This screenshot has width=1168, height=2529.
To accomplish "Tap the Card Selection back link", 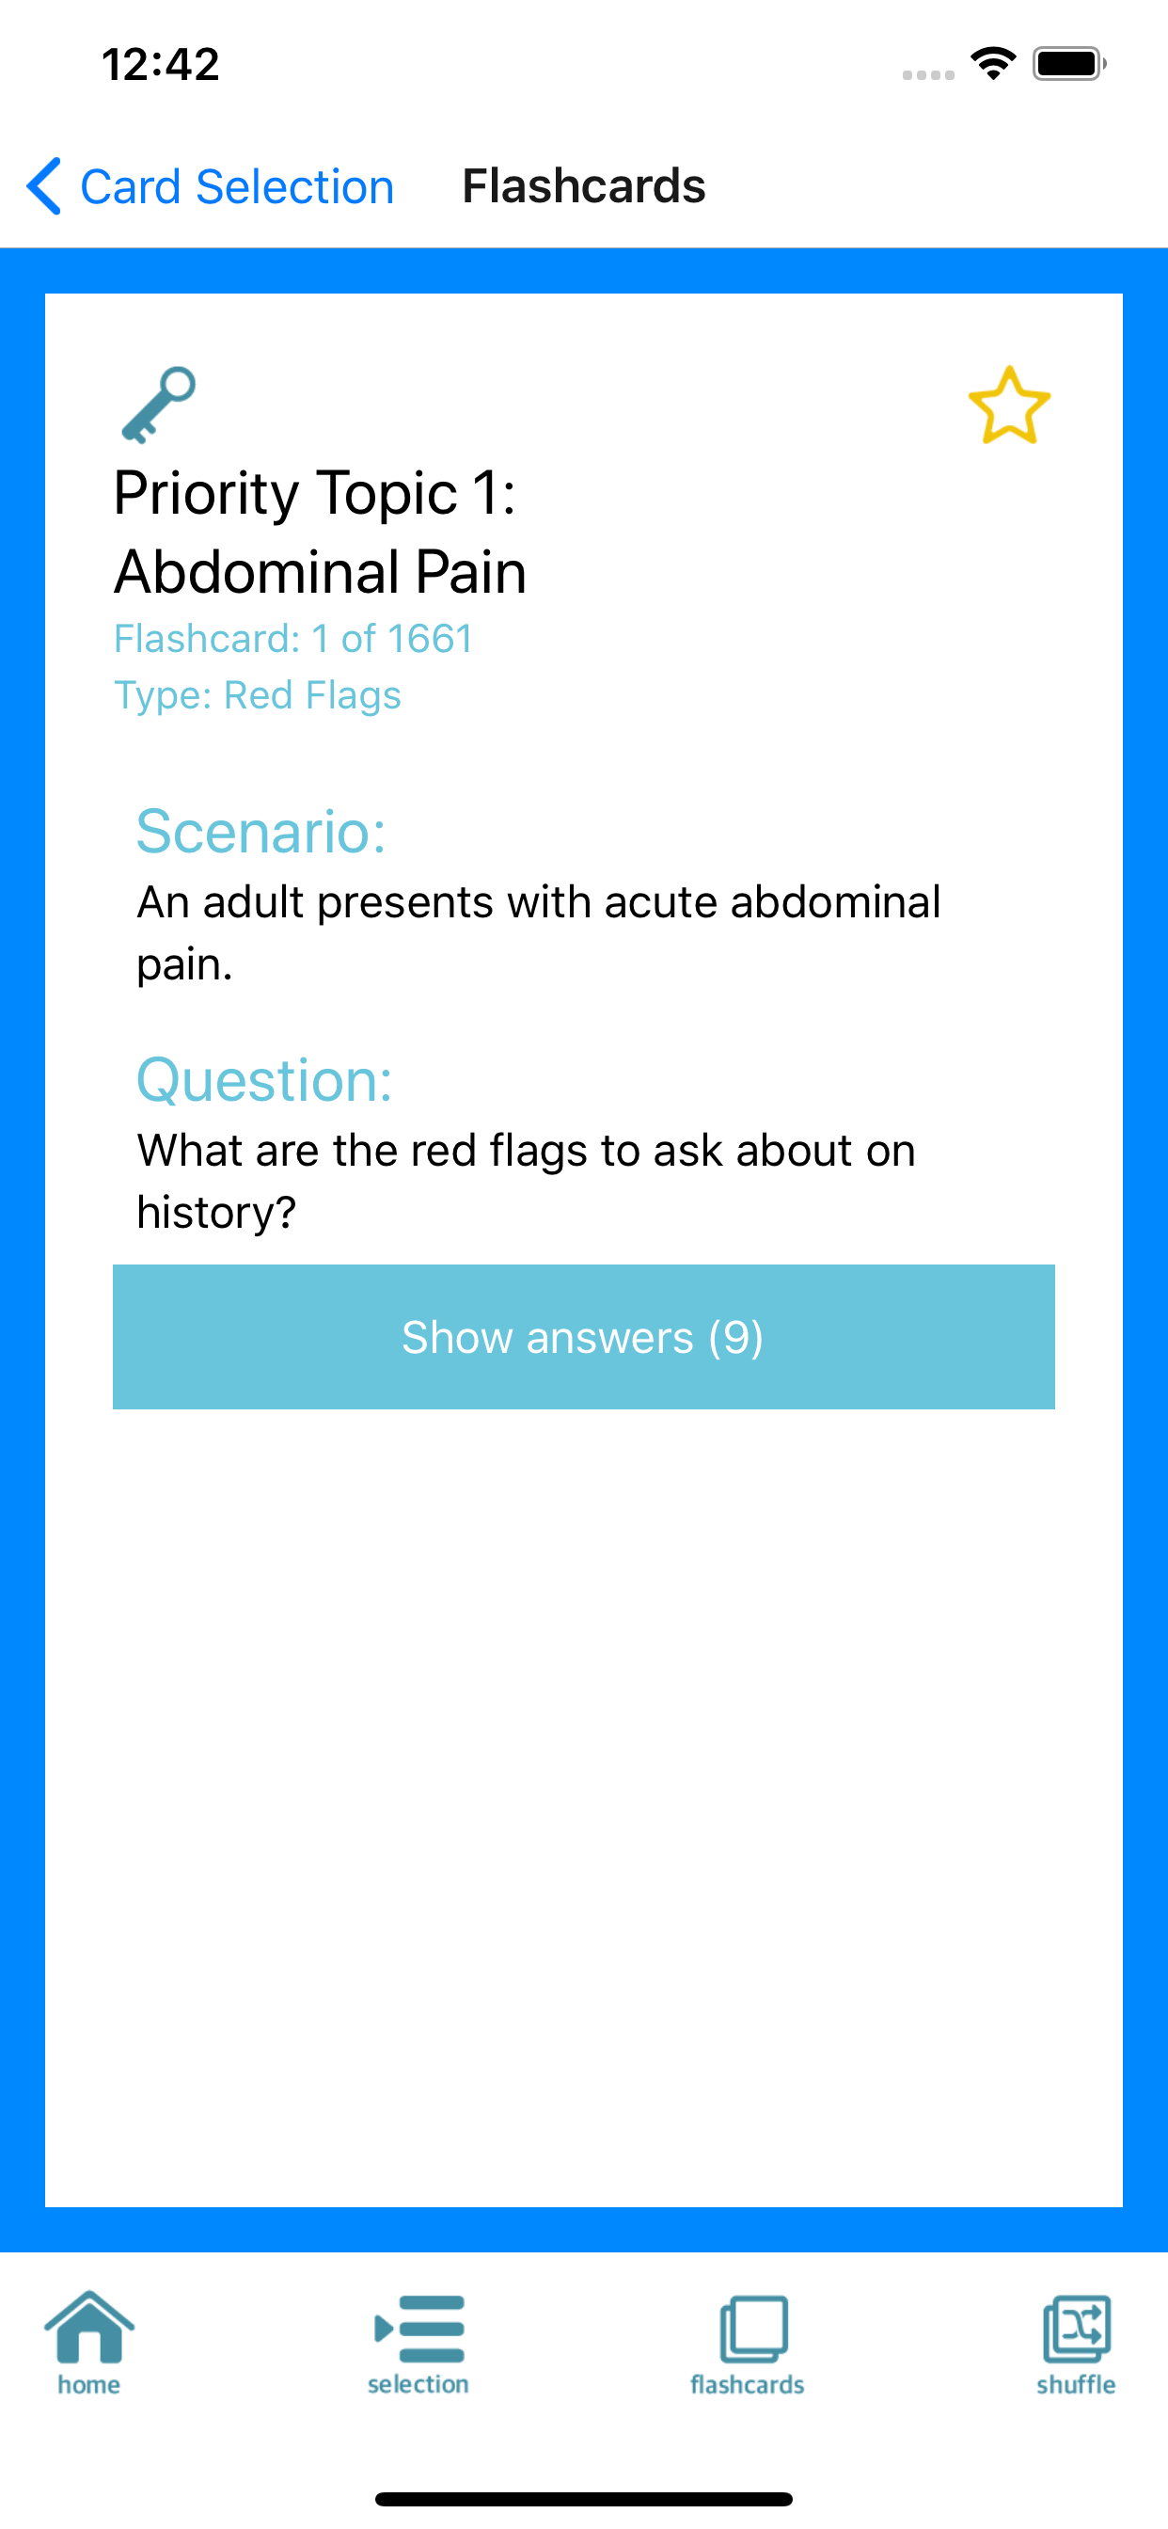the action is pyautogui.click(x=210, y=186).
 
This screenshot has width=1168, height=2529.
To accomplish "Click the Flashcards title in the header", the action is pyautogui.click(x=584, y=185).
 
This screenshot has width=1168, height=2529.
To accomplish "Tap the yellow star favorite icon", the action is pyautogui.click(x=1009, y=406).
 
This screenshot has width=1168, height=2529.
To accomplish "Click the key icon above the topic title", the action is pyautogui.click(x=158, y=405).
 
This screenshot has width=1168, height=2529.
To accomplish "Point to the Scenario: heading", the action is pyautogui.click(x=261, y=832).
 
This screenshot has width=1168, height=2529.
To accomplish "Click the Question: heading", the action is pyautogui.click(x=264, y=1080).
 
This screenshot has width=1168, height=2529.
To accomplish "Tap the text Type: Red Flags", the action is pyautogui.click(x=258, y=695).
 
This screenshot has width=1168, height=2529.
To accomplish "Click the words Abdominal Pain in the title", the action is pyautogui.click(x=321, y=571).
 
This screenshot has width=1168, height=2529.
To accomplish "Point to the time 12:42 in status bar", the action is pyautogui.click(x=161, y=65).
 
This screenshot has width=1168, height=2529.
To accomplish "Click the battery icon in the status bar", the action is pyautogui.click(x=1069, y=65).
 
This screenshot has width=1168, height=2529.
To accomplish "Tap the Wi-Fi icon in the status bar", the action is pyautogui.click(x=993, y=64).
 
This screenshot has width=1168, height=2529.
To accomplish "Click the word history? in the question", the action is pyautogui.click(x=216, y=1213).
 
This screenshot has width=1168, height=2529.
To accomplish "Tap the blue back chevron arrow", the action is pyautogui.click(x=44, y=185).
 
